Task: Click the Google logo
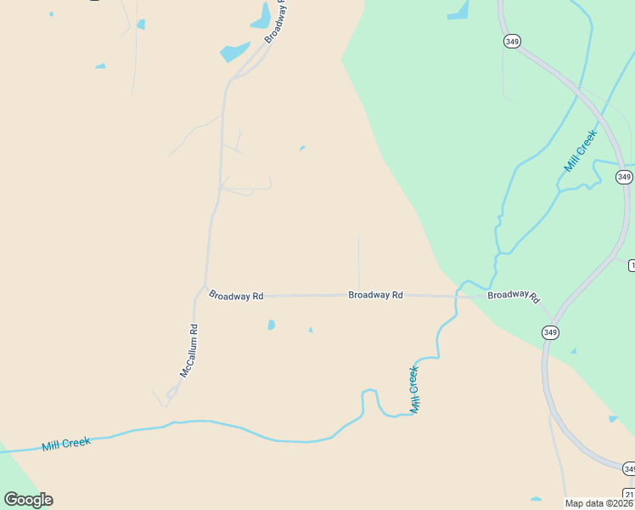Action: (29, 500)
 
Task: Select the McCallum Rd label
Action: (188, 351)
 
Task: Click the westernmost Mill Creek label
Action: (66, 444)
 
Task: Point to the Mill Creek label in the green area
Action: (582, 150)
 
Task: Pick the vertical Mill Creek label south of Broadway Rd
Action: (414, 389)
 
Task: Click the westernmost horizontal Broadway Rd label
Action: (236, 295)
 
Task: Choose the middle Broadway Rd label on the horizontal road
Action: (375, 295)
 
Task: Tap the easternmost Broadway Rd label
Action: (514, 295)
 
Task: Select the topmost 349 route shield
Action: (511, 41)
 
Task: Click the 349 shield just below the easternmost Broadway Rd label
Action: (552, 331)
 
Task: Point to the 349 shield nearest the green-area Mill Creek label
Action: (625, 177)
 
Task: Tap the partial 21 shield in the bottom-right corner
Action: (629, 494)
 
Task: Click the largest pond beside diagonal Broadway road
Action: (234, 51)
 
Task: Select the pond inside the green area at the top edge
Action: (459, 11)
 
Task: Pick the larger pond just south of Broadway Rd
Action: (271, 325)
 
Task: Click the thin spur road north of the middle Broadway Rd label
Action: (358, 259)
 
